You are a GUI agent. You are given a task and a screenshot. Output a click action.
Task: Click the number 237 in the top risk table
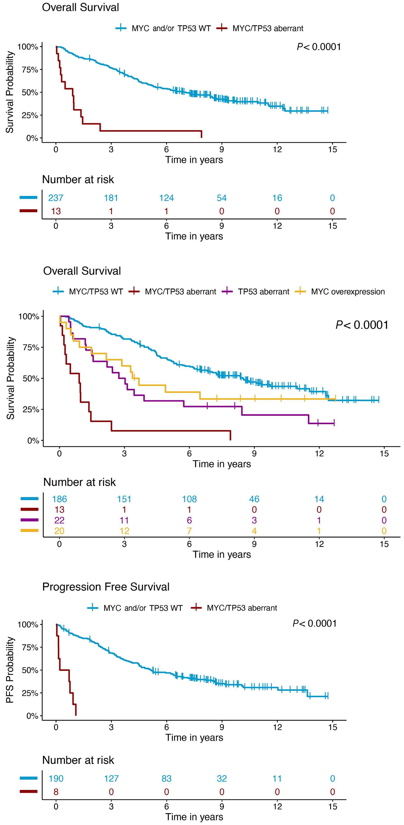[56, 198]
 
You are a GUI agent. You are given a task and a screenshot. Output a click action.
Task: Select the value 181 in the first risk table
[111, 198]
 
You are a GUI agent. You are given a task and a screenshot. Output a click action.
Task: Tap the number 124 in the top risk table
[166, 198]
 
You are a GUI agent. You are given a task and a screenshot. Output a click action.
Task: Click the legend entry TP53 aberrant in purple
[263, 292]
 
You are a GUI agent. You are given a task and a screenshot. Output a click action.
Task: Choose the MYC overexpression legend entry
[348, 292]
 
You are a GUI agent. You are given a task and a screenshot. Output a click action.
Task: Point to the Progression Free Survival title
[106, 587]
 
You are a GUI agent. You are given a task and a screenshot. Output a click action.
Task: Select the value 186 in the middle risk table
[60, 499]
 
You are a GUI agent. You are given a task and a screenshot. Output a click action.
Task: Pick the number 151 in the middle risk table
[124, 499]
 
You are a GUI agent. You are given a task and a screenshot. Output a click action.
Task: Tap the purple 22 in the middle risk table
[60, 520]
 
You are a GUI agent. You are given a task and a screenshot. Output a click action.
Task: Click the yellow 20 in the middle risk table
[60, 531]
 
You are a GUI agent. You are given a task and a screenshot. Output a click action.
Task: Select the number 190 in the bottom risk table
[56, 778]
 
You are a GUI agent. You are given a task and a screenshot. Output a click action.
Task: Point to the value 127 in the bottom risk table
[111, 778]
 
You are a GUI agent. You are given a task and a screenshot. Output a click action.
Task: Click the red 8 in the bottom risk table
[56, 792]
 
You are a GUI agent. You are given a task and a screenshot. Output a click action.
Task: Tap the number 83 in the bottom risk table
[166, 778]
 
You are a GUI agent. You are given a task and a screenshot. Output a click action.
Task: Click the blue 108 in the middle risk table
[189, 499]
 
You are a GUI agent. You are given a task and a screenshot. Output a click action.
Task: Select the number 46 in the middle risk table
[254, 499]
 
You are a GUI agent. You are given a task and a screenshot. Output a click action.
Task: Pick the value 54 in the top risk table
[221, 198]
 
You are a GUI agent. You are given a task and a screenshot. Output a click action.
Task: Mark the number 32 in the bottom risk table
[221, 778]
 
